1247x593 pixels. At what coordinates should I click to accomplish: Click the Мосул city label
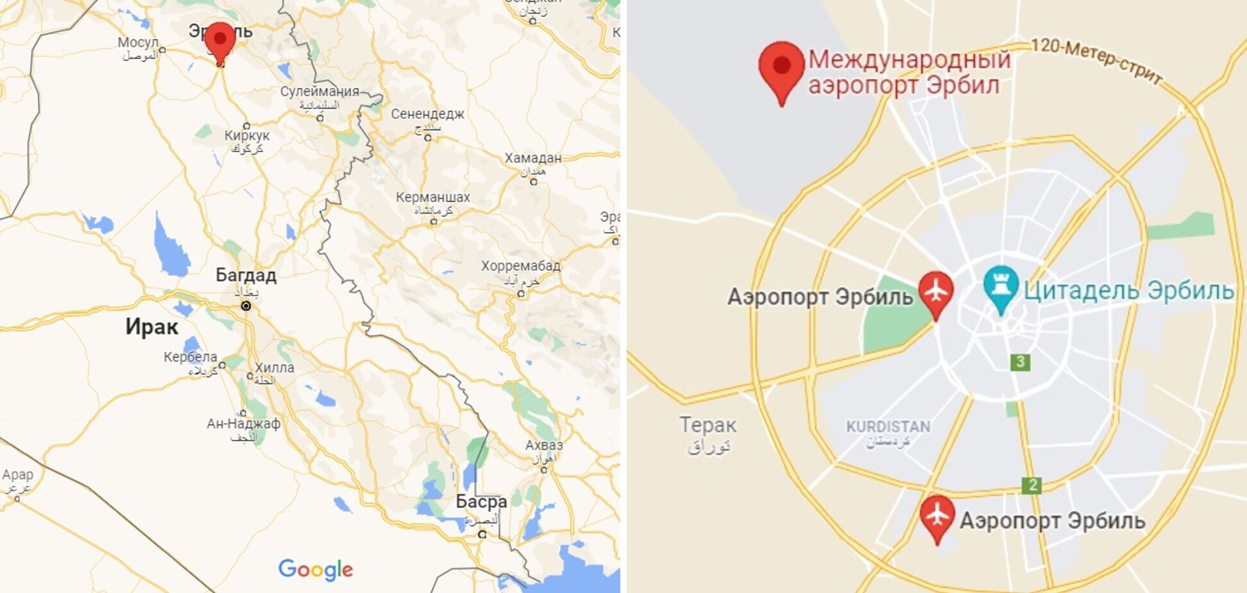(137, 43)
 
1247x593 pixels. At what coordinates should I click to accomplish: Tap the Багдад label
(246, 275)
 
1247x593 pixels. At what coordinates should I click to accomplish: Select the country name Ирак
(151, 327)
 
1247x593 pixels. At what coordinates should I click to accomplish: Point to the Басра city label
(481, 501)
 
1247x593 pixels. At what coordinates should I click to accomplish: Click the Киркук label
(247, 135)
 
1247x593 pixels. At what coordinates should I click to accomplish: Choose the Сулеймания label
(319, 91)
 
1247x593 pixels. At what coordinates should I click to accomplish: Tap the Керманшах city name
(433, 197)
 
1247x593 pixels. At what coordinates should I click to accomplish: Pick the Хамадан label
(532, 158)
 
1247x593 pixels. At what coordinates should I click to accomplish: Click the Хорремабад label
(521, 266)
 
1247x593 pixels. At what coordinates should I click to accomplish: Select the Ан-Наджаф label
(243, 424)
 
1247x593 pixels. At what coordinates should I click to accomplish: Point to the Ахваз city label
(544, 445)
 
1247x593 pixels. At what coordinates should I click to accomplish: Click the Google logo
(315, 569)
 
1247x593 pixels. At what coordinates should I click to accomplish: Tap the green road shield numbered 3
(1020, 362)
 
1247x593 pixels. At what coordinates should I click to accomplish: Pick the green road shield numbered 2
(1031, 485)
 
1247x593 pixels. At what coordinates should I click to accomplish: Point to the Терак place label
(708, 425)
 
